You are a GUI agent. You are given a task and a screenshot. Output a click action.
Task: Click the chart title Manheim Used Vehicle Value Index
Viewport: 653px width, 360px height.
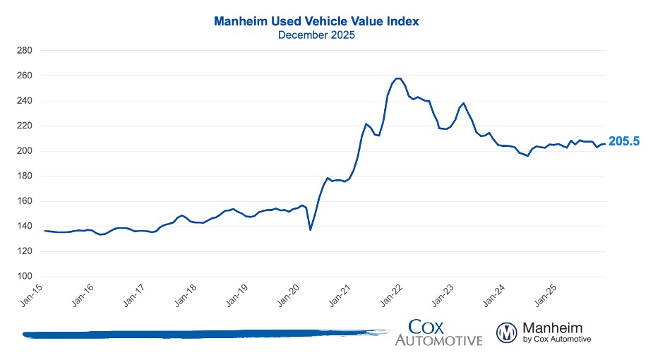[326, 22]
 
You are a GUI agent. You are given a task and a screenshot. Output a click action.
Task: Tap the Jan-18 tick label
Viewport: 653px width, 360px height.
[185, 295]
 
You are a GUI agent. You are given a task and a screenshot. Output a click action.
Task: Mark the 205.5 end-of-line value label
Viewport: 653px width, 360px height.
[624, 142]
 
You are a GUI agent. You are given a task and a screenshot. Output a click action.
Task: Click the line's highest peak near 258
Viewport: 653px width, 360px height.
[397, 78]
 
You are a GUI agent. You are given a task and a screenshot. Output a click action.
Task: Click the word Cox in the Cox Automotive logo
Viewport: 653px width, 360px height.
[432, 327]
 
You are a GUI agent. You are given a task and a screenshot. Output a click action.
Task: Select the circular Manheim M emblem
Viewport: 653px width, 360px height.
[507, 332]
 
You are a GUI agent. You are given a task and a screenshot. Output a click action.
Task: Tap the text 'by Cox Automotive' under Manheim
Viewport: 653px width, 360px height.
[556, 340]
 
